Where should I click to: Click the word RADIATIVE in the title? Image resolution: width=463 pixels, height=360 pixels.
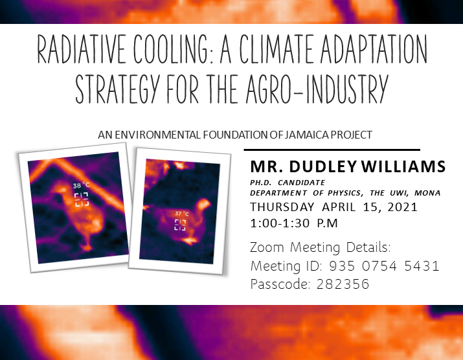[81, 49]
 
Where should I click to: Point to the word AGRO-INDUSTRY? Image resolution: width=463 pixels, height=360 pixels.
[316, 89]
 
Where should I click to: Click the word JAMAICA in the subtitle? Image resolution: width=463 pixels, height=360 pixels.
[307, 135]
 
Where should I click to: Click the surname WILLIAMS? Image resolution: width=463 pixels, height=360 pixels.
[403, 166]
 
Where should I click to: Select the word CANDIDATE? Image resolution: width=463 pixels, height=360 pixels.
[301, 183]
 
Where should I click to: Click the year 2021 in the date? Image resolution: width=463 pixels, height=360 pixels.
[403, 207]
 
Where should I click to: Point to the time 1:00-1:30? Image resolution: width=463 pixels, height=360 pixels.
[280, 223]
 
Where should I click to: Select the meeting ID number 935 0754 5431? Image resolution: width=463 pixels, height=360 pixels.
[384, 266]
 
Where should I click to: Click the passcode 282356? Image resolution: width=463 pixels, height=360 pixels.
[343, 284]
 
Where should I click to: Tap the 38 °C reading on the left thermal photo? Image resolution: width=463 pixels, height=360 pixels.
[81, 185]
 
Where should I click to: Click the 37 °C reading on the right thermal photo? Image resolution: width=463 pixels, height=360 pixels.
[181, 214]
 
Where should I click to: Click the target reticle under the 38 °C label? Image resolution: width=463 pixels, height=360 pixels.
[81, 199]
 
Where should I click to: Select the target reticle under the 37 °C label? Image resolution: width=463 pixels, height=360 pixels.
[180, 225]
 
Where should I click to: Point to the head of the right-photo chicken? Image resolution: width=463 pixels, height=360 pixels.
[203, 205]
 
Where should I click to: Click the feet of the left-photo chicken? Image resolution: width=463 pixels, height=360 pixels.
[87, 247]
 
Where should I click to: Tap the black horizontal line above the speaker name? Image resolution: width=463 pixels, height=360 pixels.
[332, 150]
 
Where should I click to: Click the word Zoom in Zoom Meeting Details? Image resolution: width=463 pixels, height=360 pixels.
[267, 247]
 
